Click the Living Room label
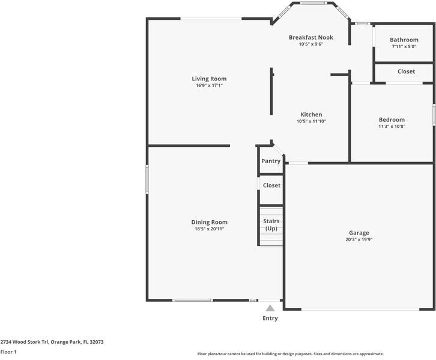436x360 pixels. point(209,79)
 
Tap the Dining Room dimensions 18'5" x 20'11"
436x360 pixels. point(210,229)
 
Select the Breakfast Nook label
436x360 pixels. point(311,37)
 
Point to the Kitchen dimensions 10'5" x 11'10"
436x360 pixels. point(311,121)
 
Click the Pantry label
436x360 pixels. point(271,161)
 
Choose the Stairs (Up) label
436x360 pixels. point(271,225)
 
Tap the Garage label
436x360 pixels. point(359,233)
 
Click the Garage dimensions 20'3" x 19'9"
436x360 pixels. point(359,239)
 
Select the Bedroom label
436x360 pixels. point(392,120)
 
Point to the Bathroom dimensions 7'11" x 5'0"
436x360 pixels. point(404,46)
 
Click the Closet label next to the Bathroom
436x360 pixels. point(406,71)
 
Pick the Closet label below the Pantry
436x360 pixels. point(271,185)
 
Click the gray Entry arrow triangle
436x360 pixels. point(270,308)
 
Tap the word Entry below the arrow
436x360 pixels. point(270,319)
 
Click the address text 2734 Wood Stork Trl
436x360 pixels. point(25,342)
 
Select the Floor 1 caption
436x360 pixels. point(8,352)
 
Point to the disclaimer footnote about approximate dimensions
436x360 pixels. point(291,354)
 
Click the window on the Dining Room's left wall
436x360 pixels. point(147,179)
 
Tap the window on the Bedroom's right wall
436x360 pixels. point(434,115)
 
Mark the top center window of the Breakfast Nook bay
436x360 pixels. point(313,3)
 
